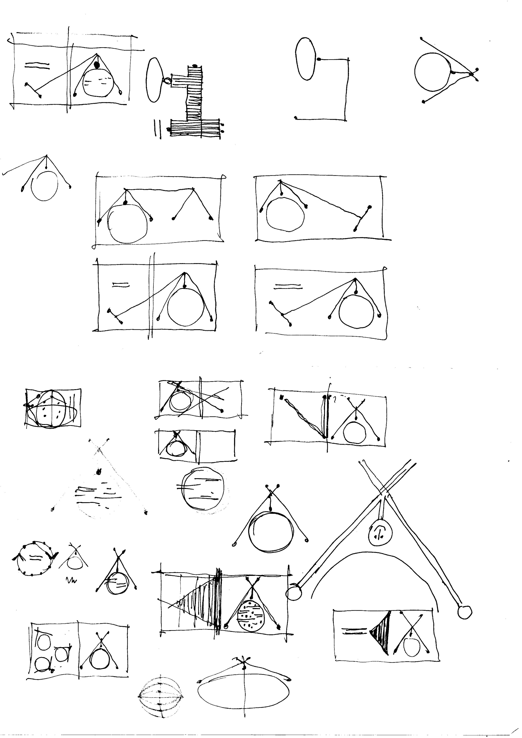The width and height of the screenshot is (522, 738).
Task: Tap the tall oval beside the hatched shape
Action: click(154, 80)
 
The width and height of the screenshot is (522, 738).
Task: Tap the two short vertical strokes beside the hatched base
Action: click(157, 129)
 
